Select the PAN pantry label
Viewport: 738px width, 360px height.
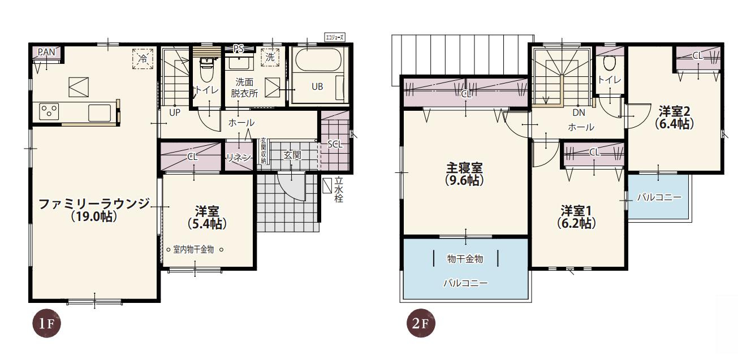click(x=46, y=52)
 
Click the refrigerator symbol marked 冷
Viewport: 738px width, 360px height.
click(x=143, y=58)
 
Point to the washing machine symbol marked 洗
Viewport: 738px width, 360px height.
click(x=270, y=57)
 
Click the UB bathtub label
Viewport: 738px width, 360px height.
click(x=317, y=86)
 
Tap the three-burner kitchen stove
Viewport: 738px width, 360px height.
click(x=49, y=111)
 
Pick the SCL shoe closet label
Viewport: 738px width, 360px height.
click(x=335, y=144)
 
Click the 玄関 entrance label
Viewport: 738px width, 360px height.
click(x=292, y=155)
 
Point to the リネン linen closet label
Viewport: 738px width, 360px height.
click(x=238, y=158)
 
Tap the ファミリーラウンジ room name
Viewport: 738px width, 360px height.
click(x=94, y=204)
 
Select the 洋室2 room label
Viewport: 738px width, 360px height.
click(x=675, y=111)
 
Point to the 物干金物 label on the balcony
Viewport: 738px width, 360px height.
click(x=465, y=259)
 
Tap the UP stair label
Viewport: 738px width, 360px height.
click(x=175, y=112)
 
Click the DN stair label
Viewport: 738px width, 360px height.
click(x=579, y=112)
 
